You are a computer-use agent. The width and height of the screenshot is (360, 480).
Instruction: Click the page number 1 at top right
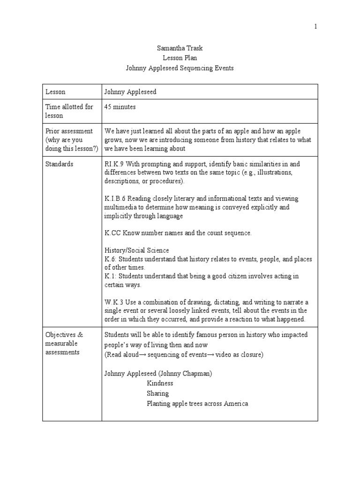point(315,27)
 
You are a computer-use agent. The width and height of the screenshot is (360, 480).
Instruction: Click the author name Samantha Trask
point(180,48)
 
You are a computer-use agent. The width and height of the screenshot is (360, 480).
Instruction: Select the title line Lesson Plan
point(180,58)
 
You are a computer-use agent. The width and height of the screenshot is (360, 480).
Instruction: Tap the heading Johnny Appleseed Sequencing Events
point(180,68)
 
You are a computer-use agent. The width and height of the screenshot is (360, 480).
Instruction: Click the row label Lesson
point(55,92)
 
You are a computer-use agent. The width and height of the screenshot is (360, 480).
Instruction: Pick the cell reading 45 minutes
point(120,107)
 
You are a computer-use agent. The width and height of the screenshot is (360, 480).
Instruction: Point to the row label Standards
point(59,164)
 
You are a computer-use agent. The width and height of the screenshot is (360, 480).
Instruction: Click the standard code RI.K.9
point(113,164)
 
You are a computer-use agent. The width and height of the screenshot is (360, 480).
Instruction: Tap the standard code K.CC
point(112,233)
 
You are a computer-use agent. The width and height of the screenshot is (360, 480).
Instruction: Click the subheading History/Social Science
point(137,251)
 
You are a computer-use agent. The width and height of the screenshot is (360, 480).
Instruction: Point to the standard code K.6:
point(111,259)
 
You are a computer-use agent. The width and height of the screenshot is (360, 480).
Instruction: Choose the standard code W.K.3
point(114,302)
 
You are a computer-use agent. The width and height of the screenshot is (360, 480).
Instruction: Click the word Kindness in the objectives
point(160,383)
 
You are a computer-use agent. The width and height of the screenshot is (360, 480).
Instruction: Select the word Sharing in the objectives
point(157,393)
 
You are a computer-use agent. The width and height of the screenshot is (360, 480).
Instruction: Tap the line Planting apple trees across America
point(197,404)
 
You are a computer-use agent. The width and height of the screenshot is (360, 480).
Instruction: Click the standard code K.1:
point(111,277)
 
